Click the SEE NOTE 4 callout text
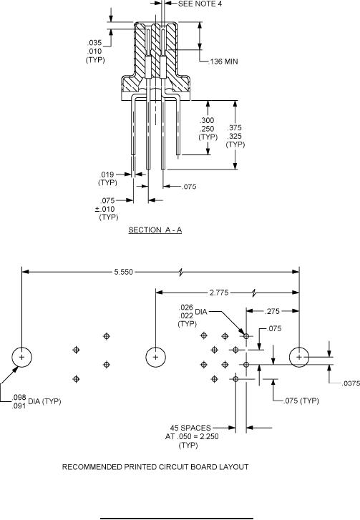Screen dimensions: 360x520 (200, 4)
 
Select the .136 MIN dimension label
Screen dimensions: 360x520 (223, 62)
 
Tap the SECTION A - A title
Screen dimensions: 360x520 (155, 230)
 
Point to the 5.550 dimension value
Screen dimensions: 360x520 (123, 272)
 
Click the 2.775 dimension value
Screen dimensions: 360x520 (219, 293)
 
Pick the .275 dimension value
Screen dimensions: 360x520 (272, 311)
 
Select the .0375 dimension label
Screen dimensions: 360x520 (351, 383)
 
